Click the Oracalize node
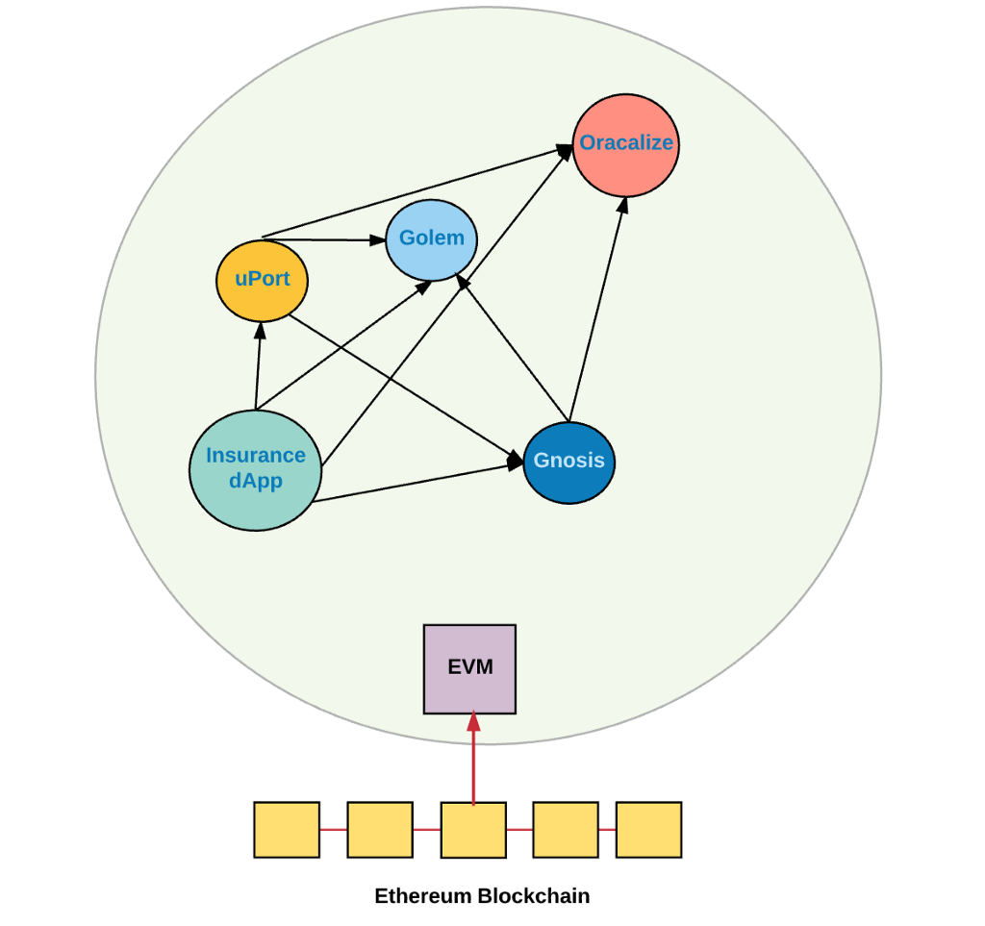click(x=626, y=145)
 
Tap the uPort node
click(x=262, y=281)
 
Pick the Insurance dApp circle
click(x=255, y=469)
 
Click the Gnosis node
click(x=569, y=463)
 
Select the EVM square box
click(x=470, y=669)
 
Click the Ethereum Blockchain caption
click(x=482, y=896)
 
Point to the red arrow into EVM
click(x=473, y=760)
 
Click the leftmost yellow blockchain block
click(x=287, y=830)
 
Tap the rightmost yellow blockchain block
click(x=648, y=830)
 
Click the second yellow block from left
click(x=380, y=830)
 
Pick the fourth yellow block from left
click(x=566, y=830)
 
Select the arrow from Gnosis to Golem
click(x=514, y=350)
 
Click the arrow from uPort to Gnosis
click(x=404, y=385)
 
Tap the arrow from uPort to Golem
click(x=322, y=238)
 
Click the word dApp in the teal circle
click(x=256, y=482)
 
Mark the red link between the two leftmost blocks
click(x=334, y=830)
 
